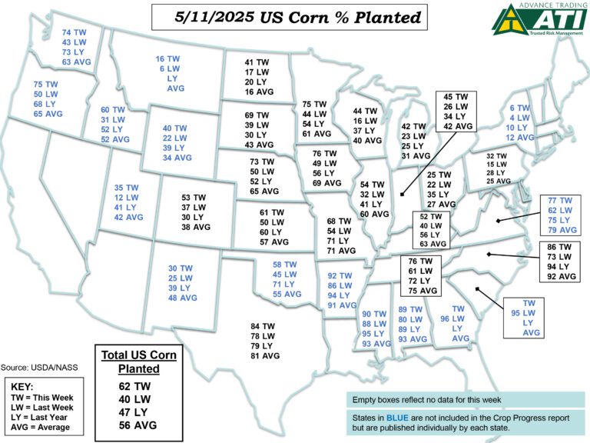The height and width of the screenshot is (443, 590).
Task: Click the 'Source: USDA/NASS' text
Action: (x=41, y=368)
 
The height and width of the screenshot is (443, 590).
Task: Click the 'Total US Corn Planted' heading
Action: (x=139, y=361)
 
